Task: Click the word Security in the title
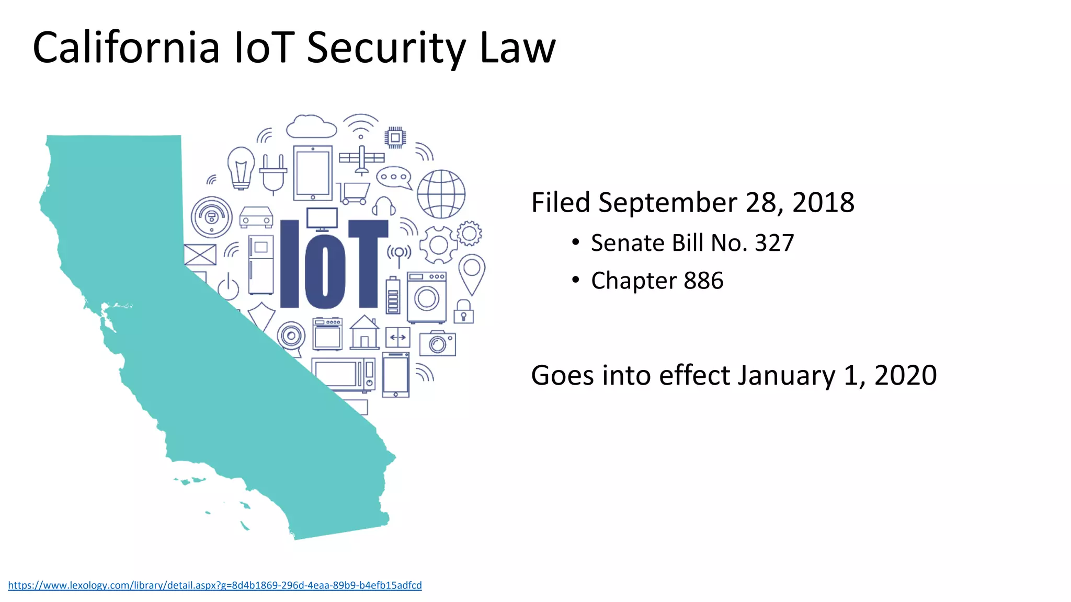point(386,48)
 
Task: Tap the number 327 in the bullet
point(774,243)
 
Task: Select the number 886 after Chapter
point(703,281)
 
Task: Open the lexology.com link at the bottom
point(214,585)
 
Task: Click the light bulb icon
point(241,168)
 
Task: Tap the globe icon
point(441,194)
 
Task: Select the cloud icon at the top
point(311,127)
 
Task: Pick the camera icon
point(437,343)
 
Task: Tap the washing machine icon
point(426,297)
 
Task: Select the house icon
point(364,332)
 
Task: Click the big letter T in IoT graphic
point(368,264)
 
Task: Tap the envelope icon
point(200,254)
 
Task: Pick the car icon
point(256,217)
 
